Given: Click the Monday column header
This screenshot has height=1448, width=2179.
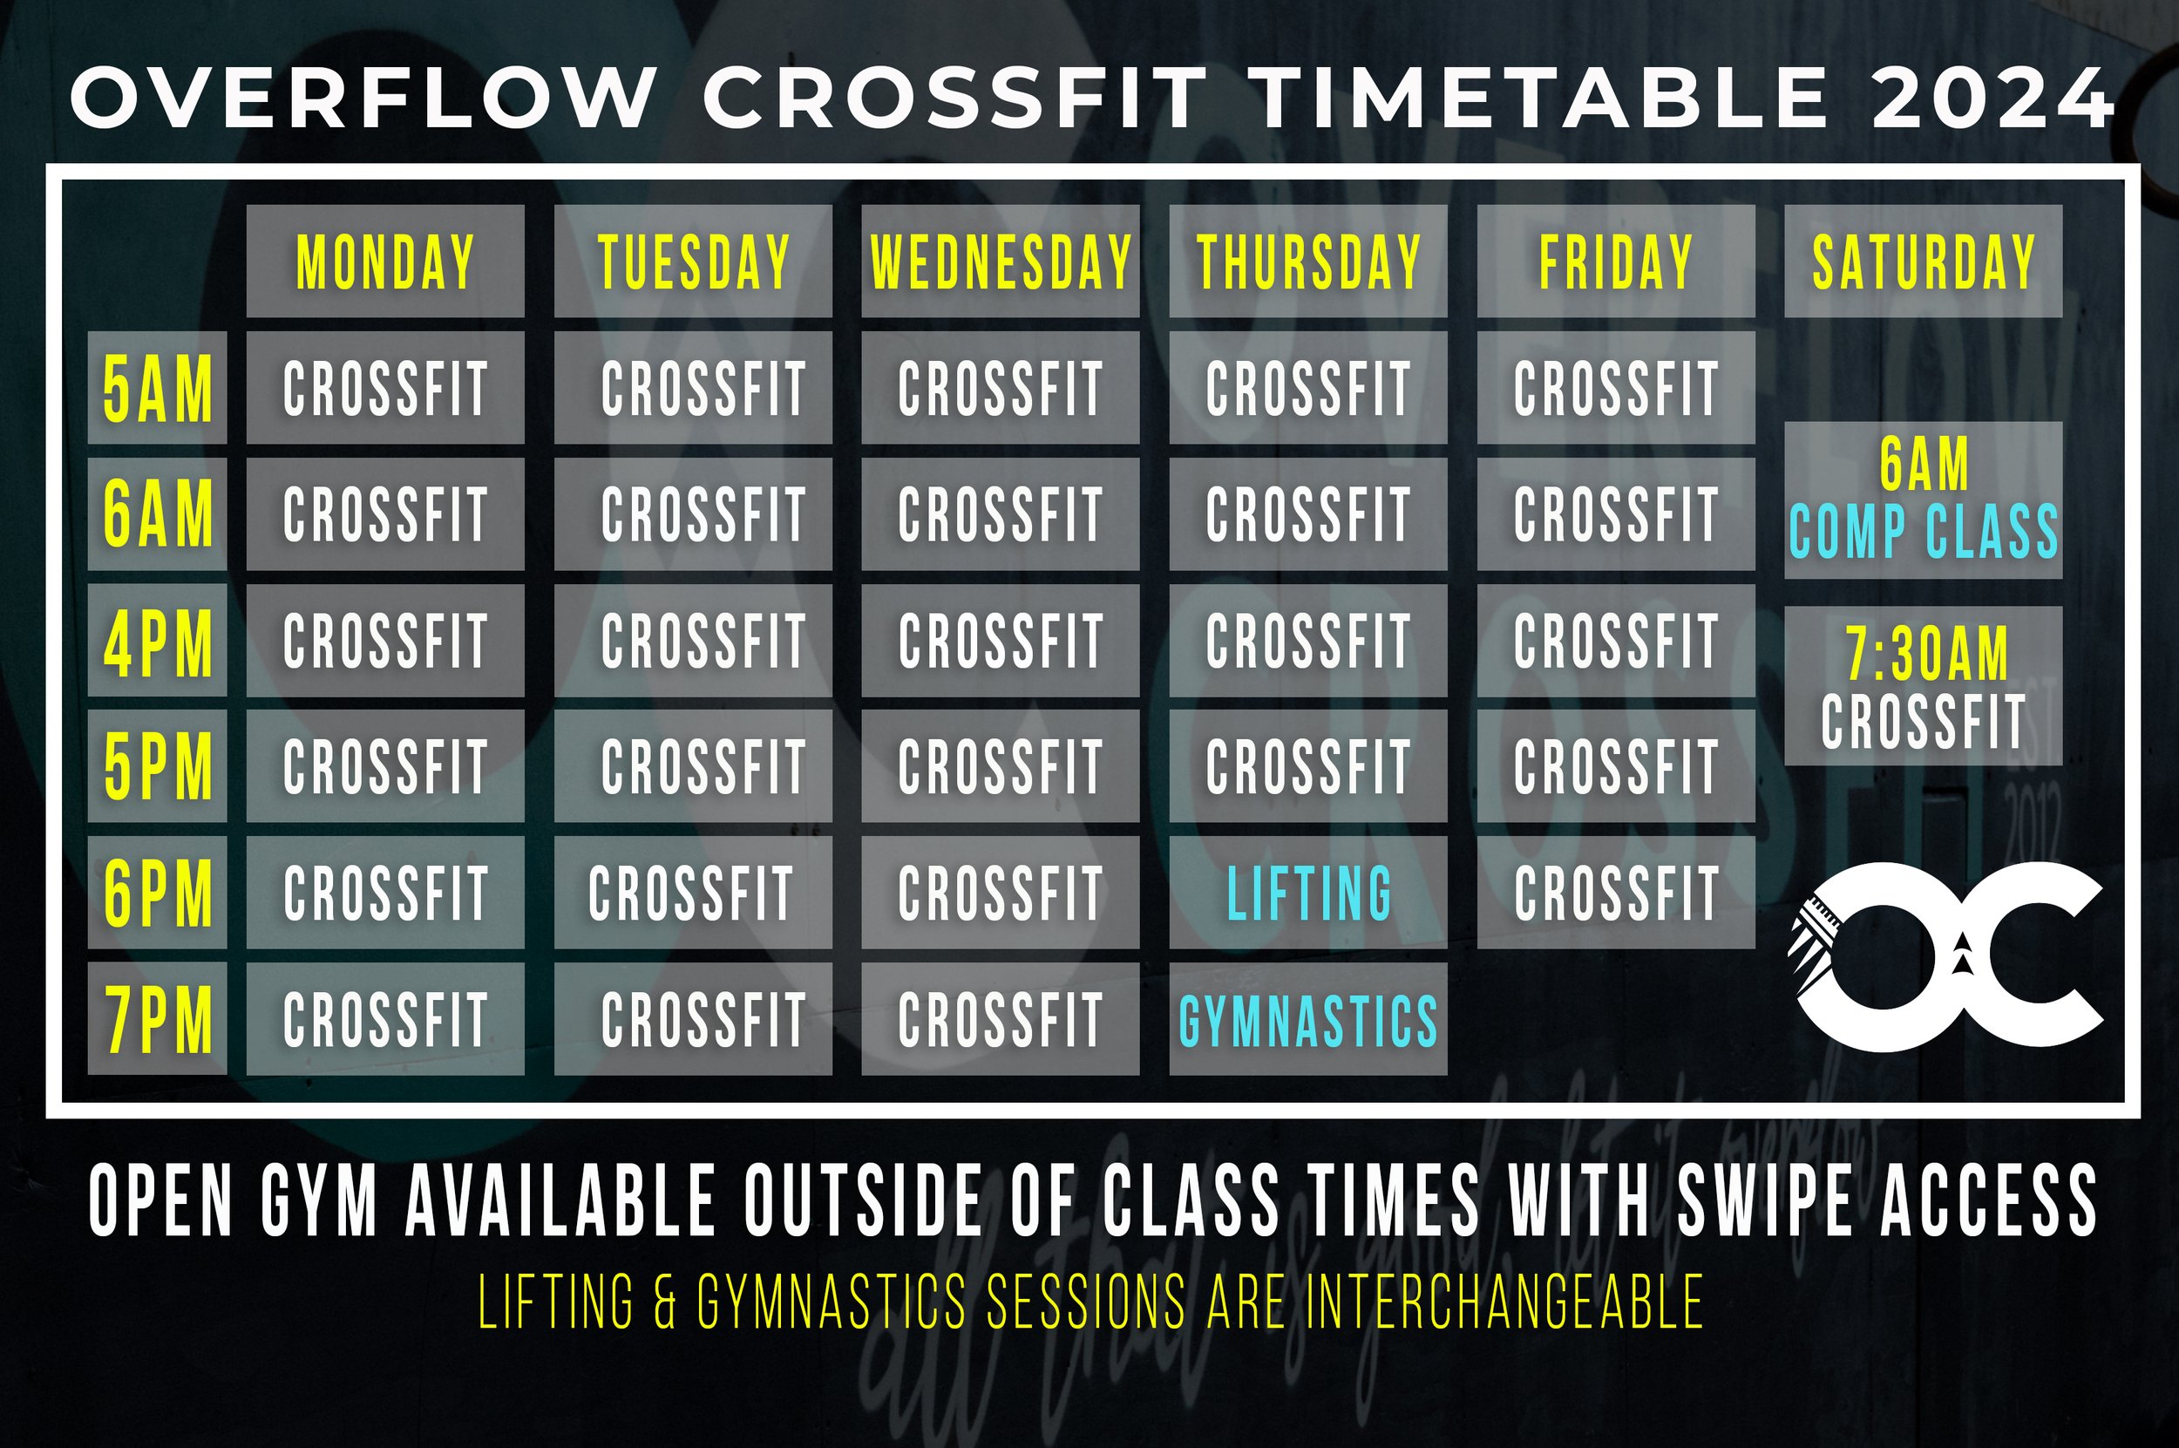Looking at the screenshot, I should [x=385, y=262].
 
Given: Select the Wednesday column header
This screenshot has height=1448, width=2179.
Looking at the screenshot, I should [x=1000, y=262].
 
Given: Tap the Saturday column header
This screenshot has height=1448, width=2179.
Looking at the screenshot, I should [x=1923, y=262].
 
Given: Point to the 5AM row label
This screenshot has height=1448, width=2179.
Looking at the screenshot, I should [x=157, y=388].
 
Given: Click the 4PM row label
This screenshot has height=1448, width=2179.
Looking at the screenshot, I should [x=157, y=640].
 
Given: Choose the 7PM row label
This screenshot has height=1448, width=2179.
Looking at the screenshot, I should [x=157, y=1018].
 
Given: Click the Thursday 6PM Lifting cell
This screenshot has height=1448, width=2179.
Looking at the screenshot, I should [x=1307, y=892].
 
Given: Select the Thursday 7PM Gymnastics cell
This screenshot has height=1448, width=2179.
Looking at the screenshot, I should [x=1307, y=1018].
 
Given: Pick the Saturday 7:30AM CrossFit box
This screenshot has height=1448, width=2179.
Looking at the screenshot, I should [x=1923, y=685].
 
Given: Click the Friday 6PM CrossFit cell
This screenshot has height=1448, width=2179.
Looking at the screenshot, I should [x=1615, y=892].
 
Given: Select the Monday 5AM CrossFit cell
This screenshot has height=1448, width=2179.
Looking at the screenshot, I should [x=385, y=388].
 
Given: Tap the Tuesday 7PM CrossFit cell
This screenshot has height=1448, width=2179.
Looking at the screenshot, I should [x=692, y=1018].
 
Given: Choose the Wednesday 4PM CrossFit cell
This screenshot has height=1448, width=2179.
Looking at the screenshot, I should [x=1000, y=640].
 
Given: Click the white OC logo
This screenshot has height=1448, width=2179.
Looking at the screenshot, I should [x=1948, y=955].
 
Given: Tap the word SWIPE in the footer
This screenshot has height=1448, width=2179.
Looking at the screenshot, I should [x=1763, y=1200].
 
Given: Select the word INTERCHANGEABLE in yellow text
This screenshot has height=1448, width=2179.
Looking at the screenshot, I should [x=1505, y=1302].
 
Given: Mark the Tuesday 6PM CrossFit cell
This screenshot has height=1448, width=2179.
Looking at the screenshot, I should [x=692, y=892].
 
